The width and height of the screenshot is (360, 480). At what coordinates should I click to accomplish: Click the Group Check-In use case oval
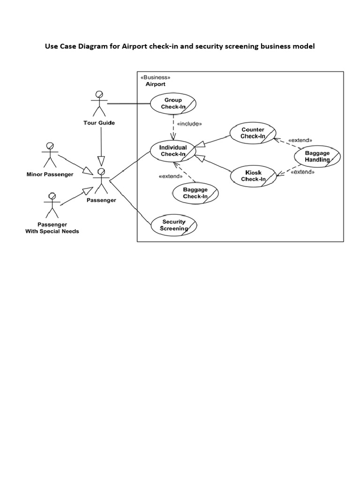tap(172, 104)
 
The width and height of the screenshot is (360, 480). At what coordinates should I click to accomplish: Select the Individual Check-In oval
tap(173, 150)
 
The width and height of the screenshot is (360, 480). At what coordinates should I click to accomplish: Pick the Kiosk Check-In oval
tap(254, 176)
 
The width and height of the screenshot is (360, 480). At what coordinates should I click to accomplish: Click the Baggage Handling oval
tap(317, 156)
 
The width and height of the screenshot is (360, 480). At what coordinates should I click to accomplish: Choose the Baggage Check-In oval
tap(195, 193)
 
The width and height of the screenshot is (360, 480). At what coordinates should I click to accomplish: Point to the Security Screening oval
tap(174, 225)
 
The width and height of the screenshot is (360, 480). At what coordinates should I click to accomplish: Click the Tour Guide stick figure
tap(99, 103)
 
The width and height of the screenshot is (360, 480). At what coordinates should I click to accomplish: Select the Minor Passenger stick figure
tap(49, 155)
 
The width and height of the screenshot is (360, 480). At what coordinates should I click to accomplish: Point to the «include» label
tap(190, 124)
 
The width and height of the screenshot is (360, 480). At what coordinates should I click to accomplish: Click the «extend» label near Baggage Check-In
tap(171, 176)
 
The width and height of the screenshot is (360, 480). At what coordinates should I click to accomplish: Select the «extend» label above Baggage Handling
tap(300, 140)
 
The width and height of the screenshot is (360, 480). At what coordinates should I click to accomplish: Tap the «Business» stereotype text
tap(155, 77)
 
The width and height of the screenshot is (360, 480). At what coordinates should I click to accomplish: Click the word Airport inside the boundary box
tap(155, 84)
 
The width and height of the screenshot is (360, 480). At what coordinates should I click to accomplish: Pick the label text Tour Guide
tap(98, 123)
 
